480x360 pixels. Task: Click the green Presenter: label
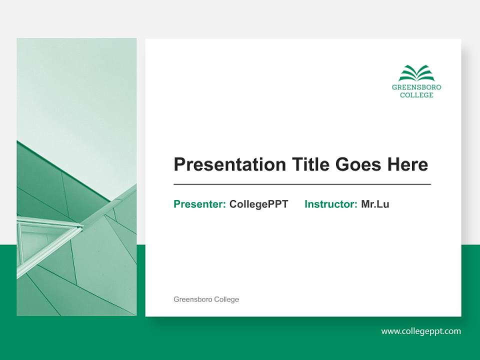tap(199, 204)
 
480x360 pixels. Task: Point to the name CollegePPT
tap(258, 204)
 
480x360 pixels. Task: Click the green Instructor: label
tap(330, 204)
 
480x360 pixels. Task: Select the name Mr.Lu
tap(375, 204)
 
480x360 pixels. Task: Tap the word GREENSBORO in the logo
tap(416, 87)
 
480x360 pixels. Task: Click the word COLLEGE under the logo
tap(416, 95)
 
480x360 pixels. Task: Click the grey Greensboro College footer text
tap(206, 299)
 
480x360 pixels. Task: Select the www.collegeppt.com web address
tap(421, 331)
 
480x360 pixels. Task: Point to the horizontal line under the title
tap(302, 184)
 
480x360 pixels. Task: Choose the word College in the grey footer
tap(226, 299)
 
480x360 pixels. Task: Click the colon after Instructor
tap(355, 205)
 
